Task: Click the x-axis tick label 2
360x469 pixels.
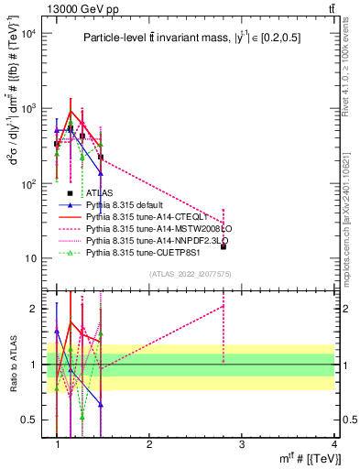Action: pos(149,444)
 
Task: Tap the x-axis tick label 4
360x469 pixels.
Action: pos(334,444)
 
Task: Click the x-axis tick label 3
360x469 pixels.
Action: pos(242,444)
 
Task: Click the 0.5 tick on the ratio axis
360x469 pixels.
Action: pos(29,420)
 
